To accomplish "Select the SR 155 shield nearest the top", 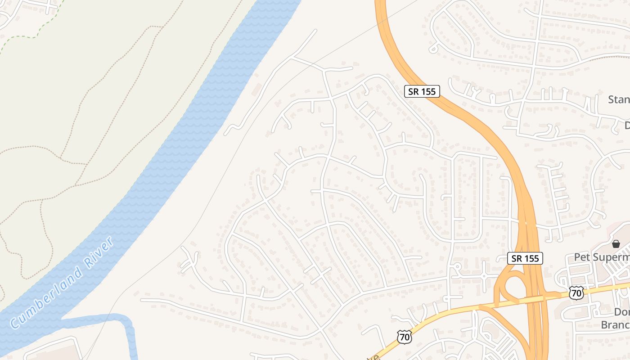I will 422,91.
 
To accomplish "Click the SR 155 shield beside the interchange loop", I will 525,258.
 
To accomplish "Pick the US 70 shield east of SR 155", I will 576,292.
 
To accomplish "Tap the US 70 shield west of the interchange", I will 404,337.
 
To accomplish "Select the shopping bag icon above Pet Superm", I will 616,244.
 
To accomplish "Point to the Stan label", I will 619,99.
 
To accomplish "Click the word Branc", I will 615,324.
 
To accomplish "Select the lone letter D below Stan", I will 626,125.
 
